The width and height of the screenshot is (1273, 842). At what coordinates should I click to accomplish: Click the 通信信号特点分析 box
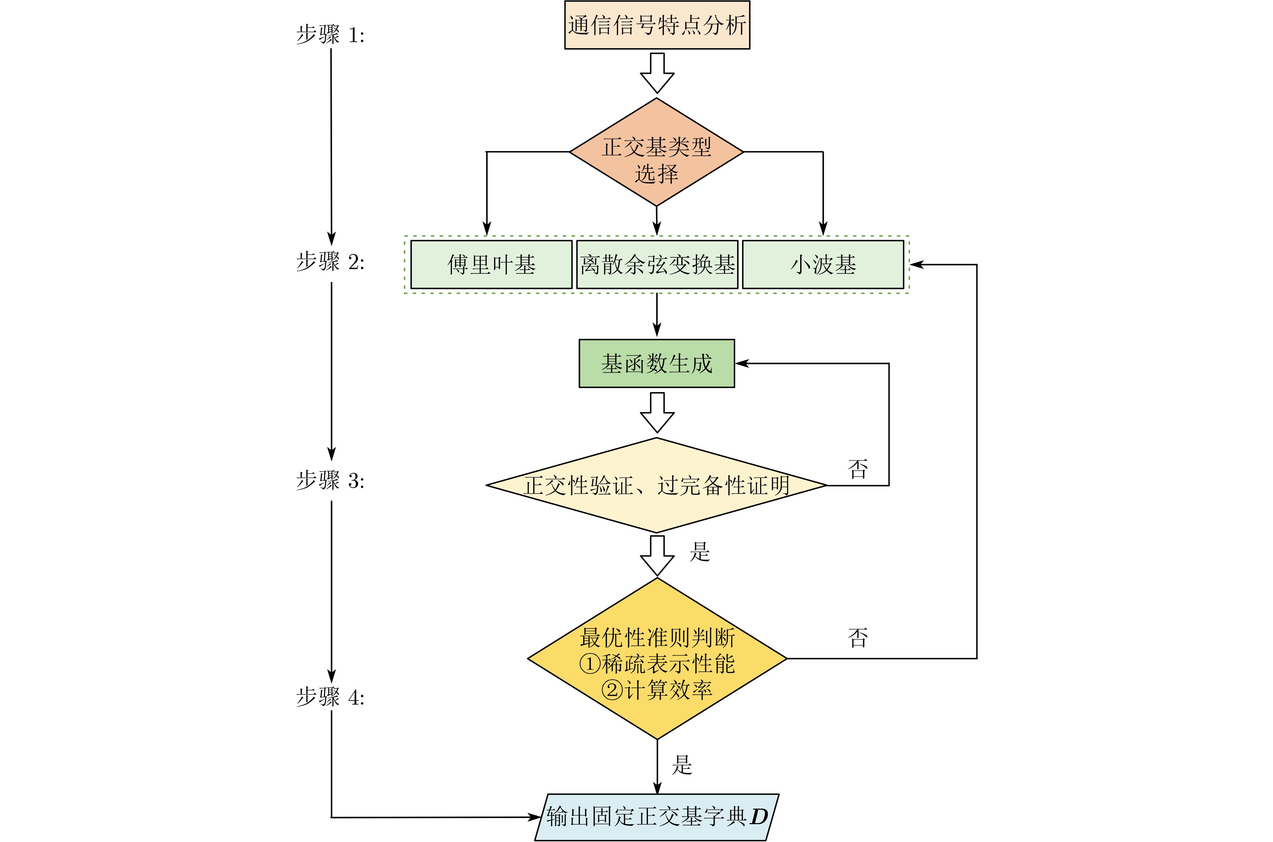[x=657, y=25]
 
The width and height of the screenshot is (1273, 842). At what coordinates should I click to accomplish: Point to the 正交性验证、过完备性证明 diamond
[x=656, y=485]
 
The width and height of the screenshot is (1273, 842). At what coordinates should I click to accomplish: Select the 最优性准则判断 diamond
[x=657, y=658]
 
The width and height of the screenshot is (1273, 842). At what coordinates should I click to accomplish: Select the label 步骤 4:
[x=330, y=697]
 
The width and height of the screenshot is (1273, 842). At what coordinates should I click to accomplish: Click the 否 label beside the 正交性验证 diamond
[x=857, y=469]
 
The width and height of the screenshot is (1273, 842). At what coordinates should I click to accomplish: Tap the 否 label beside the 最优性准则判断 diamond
[x=857, y=638]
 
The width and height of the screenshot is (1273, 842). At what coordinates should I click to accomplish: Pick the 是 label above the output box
[x=682, y=765]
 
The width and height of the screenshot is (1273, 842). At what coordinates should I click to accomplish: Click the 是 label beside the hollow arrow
[x=699, y=551]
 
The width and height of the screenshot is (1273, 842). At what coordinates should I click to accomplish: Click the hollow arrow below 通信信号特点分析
[x=657, y=73]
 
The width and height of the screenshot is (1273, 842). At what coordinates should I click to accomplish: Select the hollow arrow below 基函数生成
[x=657, y=412]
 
